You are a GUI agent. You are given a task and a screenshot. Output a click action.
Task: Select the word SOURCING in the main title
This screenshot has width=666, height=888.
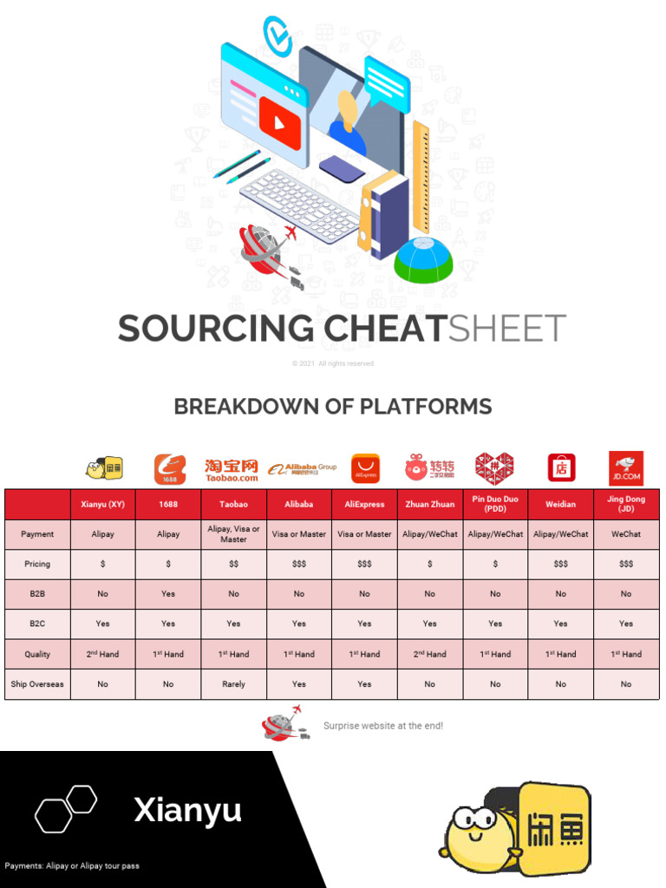216,329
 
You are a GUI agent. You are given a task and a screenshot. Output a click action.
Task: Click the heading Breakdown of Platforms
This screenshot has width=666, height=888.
333,406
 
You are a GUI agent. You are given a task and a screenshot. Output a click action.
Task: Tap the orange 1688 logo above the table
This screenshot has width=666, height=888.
169,469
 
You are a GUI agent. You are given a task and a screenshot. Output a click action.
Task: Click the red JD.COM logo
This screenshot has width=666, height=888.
625,468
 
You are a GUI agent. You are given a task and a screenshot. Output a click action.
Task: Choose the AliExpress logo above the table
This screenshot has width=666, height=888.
365,469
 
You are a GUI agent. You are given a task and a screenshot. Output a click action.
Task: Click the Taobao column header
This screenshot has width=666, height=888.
233,504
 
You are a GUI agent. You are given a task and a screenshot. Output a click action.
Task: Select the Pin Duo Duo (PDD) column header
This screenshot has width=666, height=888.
495,504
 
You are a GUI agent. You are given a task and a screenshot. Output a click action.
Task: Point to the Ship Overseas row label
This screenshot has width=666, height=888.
37,684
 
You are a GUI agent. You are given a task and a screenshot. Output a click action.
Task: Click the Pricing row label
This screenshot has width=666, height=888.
37,564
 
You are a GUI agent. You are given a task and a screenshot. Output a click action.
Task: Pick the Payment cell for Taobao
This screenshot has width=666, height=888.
233,534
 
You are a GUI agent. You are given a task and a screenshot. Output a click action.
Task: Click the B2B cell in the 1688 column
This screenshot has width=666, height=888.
168,594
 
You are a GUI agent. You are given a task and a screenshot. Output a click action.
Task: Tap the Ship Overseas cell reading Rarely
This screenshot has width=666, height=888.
233,684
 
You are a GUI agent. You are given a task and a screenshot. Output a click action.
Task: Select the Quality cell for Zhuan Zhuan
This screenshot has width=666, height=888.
430,654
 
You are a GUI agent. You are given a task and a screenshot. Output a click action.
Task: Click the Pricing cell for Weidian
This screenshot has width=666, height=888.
560,564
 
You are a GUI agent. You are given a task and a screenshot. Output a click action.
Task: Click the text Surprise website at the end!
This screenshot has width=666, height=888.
382,725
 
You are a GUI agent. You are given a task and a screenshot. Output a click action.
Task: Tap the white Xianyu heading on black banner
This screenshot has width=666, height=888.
188,811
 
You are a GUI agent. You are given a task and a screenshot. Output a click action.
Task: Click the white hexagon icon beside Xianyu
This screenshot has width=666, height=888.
65,808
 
